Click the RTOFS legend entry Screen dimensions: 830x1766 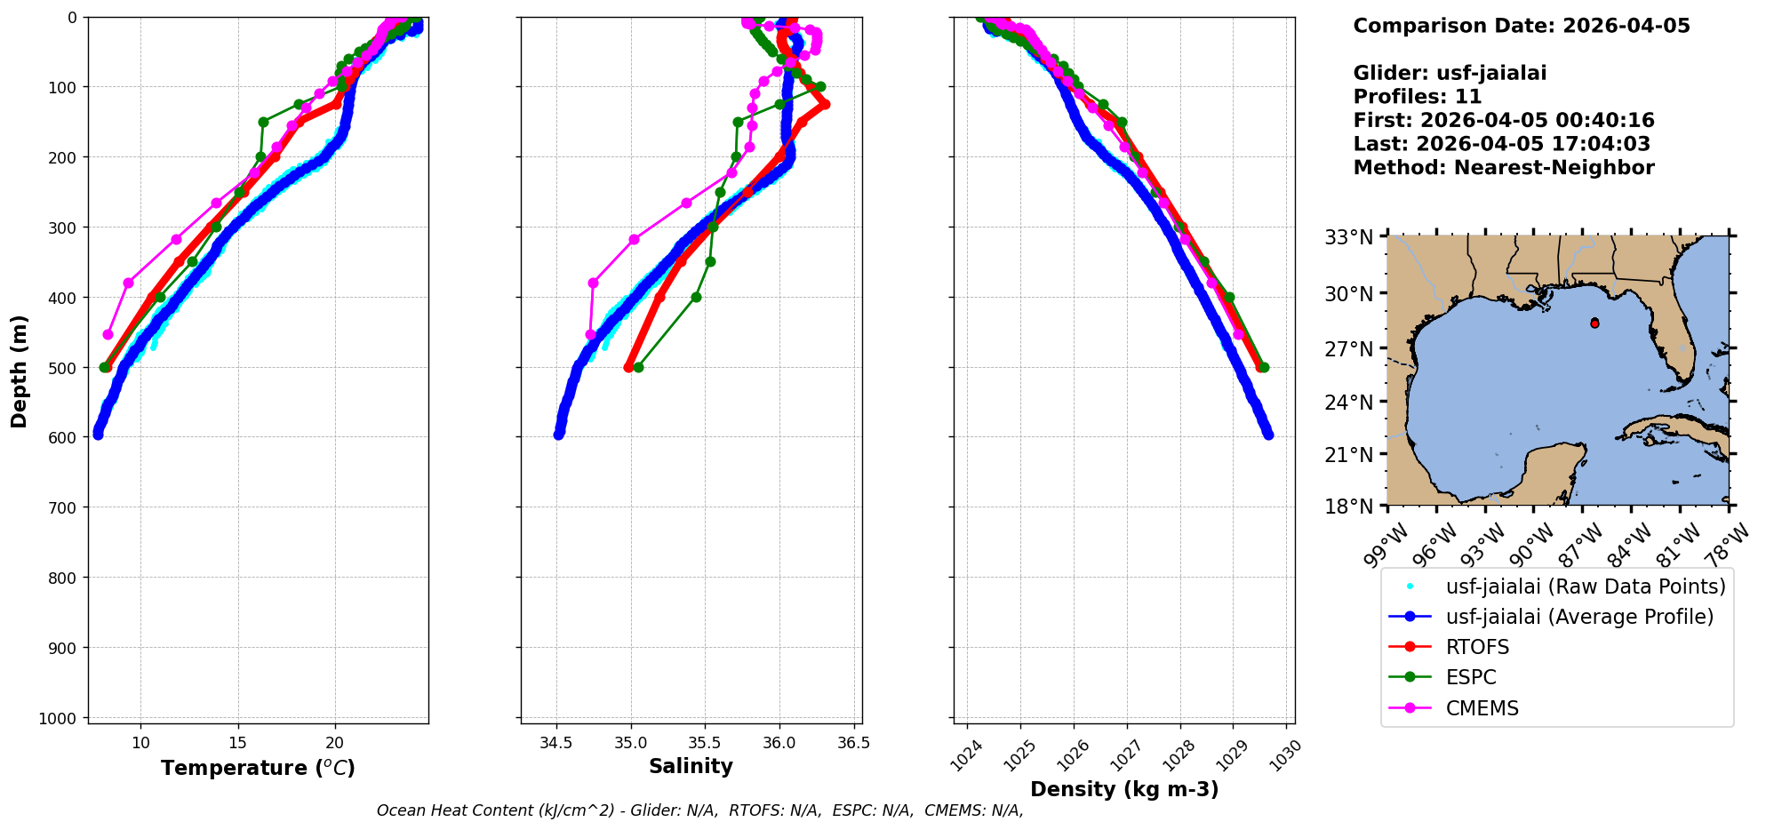[1477, 647]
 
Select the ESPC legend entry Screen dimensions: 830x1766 [1471, 677]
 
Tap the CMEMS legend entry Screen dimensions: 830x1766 [1482, 708]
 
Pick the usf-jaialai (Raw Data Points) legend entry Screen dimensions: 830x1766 [1585, 587]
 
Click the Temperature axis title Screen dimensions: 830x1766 [258, 768]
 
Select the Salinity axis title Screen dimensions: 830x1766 [691, 767]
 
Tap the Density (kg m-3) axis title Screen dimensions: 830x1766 [1124, 789]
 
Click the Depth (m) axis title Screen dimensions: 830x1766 [20, 371]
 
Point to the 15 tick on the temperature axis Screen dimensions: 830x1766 [237, 742]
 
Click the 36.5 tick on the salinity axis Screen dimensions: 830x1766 [853, 742]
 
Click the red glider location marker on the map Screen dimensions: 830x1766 [1594, 323]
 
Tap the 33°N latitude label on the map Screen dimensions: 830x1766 [1349, 237]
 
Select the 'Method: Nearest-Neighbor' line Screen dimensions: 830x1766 [1503, 168]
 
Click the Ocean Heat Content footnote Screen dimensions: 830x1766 [699, 810]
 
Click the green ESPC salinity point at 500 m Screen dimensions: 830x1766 [637, 367]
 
